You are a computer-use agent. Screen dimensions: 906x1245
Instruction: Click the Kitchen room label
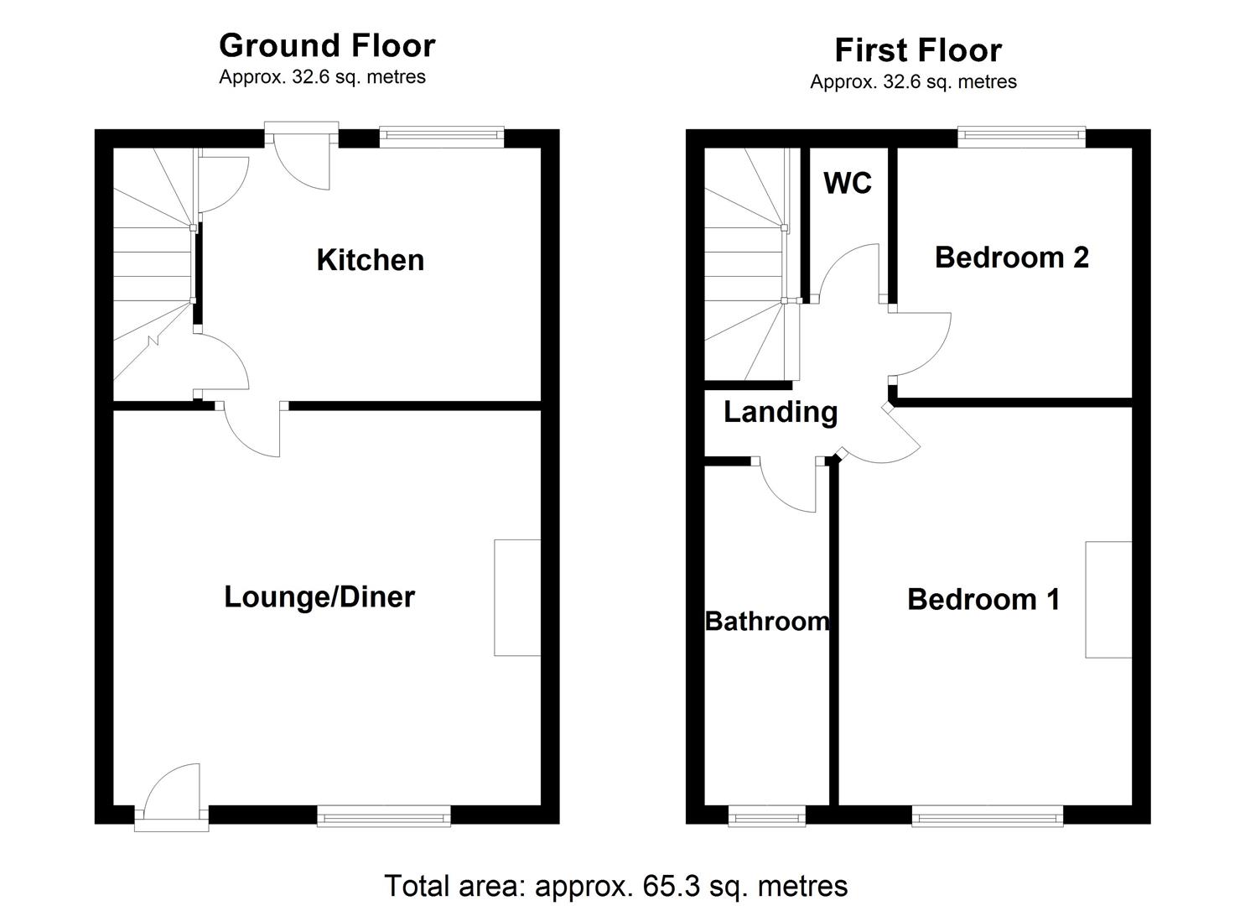[x=370, y=260]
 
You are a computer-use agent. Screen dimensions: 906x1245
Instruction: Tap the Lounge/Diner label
[x=319, y=597]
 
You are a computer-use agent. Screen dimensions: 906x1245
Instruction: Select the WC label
[x=848, y=183]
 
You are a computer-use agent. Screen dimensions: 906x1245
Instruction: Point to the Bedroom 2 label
[x=1011, y=258]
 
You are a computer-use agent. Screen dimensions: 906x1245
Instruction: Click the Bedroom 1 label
[x=983, y=600]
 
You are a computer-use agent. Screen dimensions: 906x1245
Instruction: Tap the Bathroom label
[x=767, y=622]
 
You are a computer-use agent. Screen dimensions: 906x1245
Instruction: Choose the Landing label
[x=781, y=412]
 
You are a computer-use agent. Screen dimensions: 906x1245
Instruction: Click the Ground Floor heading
[x=327, y=45]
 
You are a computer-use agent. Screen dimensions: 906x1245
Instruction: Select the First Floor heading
[x=918, y=50]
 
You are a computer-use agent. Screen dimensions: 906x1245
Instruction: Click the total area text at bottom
[x=616, y=886]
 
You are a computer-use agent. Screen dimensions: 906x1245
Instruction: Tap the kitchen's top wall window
[x=442, y=137]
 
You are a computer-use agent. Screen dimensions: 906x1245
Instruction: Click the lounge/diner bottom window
[x=384, y=815]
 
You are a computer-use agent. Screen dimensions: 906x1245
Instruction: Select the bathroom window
[x=767, y=815]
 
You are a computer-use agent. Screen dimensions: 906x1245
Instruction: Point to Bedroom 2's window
[x=1022, y=137]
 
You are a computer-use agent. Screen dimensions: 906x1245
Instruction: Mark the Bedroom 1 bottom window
[x=988, y=815]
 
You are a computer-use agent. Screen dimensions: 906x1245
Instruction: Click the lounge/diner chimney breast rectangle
[x=517, y=597]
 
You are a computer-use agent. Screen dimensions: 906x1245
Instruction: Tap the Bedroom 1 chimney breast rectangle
[x=1108, y=600]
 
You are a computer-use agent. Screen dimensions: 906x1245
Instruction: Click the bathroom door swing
[x=788, y=487]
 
